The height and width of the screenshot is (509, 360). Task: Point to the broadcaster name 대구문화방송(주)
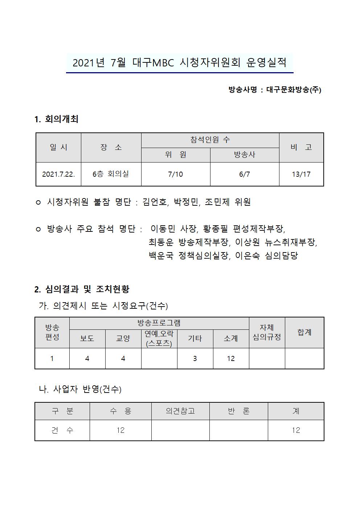(x=294, y=90)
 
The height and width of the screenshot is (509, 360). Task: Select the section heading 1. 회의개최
(x=56, y=119)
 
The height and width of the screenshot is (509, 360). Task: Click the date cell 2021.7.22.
(x=58, y=174)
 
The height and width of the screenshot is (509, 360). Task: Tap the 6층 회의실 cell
(x=111, y=174)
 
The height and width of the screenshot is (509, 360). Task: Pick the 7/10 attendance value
(x=176, y=174)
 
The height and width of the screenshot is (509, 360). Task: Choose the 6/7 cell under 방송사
(x=244, y=174)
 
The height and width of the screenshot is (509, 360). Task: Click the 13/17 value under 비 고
(x=301, y=174)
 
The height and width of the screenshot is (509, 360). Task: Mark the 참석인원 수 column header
(x=210, y=140)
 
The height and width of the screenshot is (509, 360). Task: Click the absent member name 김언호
(x=155, y=202)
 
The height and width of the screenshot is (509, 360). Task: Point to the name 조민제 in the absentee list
(x=217, y=202)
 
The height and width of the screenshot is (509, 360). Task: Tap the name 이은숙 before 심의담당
(x=247, y=255)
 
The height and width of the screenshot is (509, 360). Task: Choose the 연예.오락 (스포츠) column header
(x=159, y=338)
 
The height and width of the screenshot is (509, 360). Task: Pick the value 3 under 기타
(x=195, y=358)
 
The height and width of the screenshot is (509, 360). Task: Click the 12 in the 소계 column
(x=231, y=358)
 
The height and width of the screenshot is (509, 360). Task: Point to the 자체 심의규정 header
(x=267, y=332)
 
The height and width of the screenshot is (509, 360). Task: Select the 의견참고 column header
(x=180, y=411)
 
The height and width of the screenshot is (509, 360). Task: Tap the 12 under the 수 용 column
(x=120, y=430)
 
